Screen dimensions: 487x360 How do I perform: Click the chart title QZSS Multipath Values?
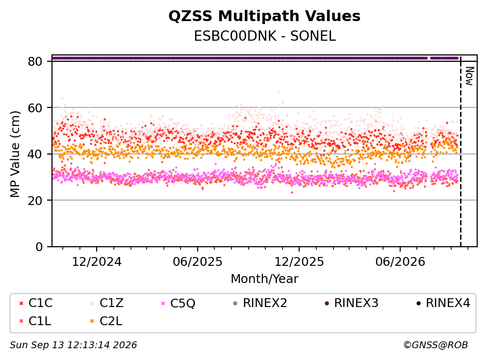pos(264,16)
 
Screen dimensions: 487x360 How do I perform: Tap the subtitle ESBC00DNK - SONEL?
pos(265,36)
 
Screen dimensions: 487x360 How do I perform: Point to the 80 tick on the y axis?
pos(35,61)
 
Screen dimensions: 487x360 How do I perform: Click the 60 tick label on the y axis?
pos(35,108)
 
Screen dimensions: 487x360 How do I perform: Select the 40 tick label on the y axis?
pos(35,154)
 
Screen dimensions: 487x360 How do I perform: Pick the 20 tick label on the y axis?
pos(35,200)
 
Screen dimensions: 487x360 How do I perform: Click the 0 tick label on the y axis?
pos(39,247)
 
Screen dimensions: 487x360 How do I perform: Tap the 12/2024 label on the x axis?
pos(97,262)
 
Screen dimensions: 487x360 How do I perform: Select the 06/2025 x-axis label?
pos(198,262)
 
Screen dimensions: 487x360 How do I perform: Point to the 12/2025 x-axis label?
pos(299,262)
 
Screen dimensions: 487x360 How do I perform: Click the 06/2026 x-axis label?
pos(400,262)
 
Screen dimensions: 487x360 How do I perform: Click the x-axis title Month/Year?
pos(264,279)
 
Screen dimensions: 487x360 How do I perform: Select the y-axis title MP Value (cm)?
pos(15,154)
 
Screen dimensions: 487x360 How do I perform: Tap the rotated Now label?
pos(469,76)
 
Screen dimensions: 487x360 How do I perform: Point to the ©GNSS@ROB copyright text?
pos(436,345)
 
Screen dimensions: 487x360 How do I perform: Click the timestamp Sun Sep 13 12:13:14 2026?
pos(73,345)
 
